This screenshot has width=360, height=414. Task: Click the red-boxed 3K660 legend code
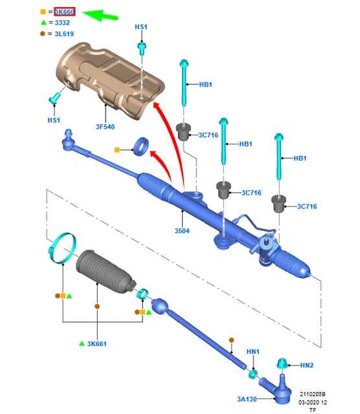(65, 12)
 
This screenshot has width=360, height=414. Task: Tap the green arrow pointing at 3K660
(100, 16)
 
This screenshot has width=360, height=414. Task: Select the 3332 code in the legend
(62, 23)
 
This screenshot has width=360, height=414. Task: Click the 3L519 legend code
(64, 34)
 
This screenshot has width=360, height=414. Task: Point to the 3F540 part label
(105, 127)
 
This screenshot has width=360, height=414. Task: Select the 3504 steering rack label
(182, 231)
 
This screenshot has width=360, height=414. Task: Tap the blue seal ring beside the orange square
(141, 146)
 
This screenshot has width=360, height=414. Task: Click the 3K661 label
(96, 343)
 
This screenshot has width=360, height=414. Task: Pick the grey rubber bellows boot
(105, 272)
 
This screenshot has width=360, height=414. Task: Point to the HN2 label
(307, 365)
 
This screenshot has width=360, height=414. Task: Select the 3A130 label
(247, 399)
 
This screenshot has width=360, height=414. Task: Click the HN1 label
(253, 352)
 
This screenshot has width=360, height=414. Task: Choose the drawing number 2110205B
(313, 394)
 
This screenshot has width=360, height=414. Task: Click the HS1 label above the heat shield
(141, 27)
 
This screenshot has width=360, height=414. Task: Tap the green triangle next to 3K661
(82, 343)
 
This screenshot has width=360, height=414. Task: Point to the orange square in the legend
(43, 12)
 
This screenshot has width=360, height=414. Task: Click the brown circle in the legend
(43, 34)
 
